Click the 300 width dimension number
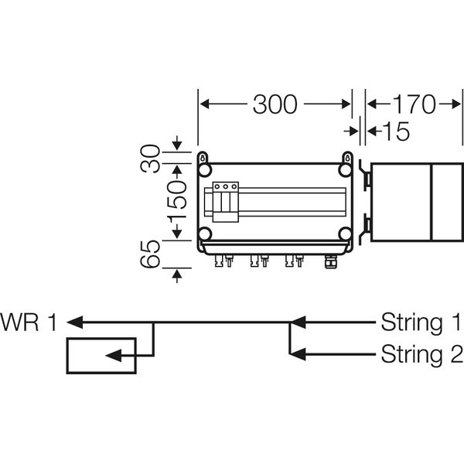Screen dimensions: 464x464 [x=275, y=104]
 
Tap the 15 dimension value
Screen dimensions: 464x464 [x=396, y=132]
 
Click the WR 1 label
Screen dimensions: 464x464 [x=29, y=322]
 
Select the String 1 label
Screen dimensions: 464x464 [x=421, y=322]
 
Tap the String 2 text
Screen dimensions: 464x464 [x=421, y=355]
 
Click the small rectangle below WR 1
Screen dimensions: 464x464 [x=101, y=356]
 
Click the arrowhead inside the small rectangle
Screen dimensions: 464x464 [x=114, y=356]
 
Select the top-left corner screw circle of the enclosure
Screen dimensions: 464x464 [x=205, y=169]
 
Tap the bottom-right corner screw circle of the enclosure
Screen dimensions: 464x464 [x=345, y=234]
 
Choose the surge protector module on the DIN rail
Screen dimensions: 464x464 [x=225, y=201]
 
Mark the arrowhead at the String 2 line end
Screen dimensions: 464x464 [x=299, y=355]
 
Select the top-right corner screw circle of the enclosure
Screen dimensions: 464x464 [x=345, y=169]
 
